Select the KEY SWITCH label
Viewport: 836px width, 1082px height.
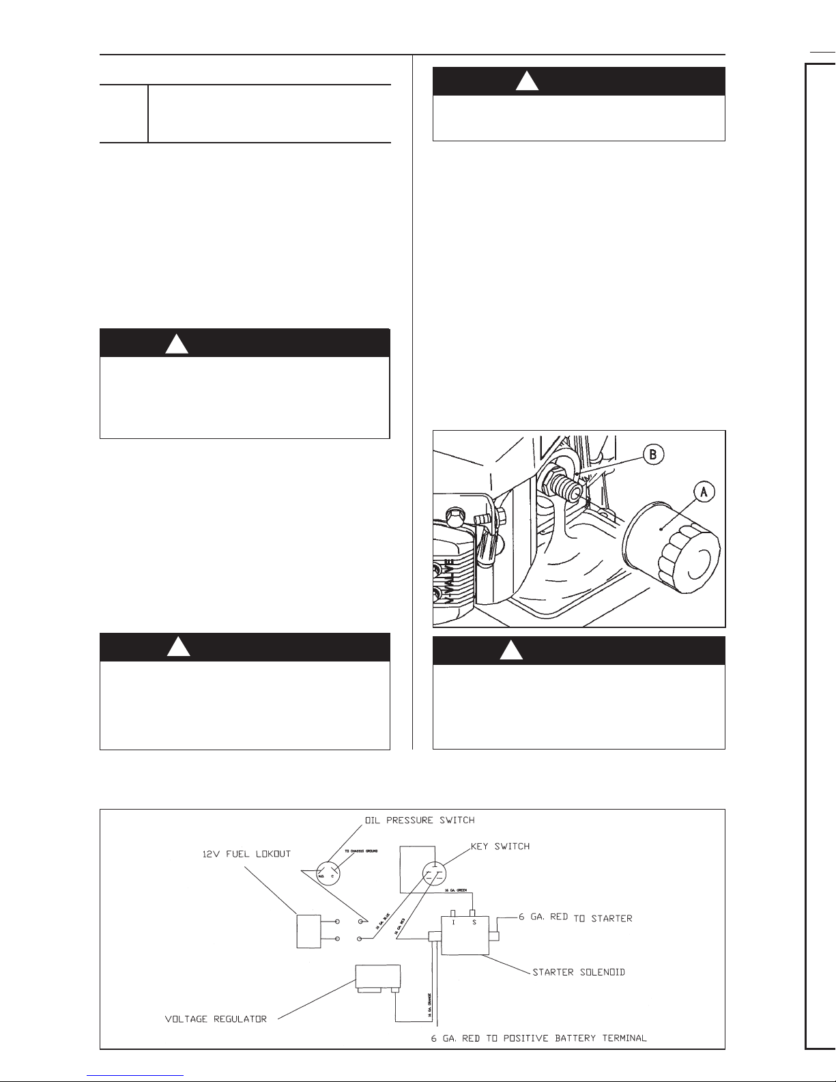[500, 846]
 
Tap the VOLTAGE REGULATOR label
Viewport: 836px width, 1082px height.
[216, 1019]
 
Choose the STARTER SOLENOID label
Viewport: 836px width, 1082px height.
[579, 971]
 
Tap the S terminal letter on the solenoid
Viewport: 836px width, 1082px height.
[474, 922]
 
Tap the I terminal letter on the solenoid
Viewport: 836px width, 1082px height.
[453, 922]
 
